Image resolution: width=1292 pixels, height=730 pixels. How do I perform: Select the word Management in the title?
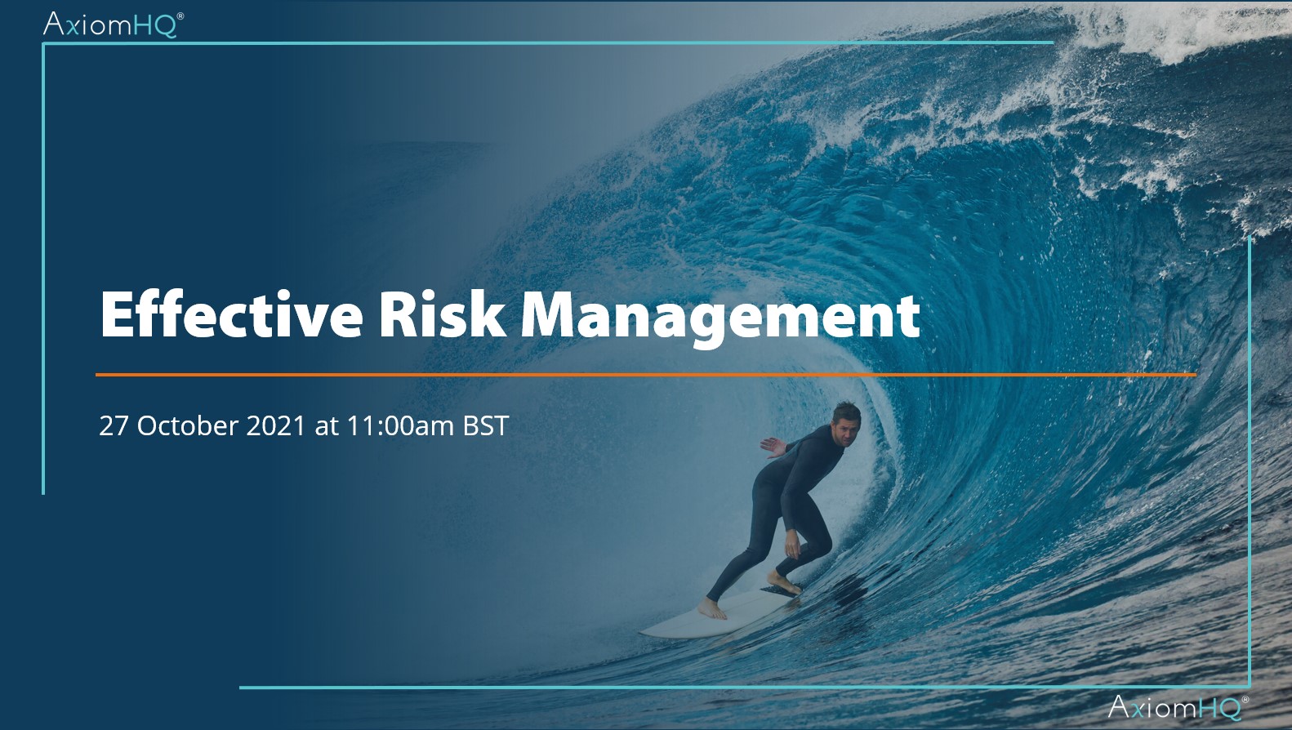720,319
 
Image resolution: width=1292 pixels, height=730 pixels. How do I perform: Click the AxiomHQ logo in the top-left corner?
114,24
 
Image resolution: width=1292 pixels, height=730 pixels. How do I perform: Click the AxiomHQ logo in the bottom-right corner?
1178,707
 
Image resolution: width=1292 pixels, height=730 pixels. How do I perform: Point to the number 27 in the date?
114,426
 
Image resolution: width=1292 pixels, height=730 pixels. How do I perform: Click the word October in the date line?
188,425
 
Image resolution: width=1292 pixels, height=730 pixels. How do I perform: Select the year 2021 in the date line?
276,426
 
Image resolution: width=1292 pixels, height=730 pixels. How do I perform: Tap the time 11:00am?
400,426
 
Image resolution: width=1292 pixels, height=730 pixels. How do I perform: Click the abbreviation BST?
486,426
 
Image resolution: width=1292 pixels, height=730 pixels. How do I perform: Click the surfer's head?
845,424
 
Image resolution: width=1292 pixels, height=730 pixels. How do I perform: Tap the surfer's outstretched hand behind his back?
773,447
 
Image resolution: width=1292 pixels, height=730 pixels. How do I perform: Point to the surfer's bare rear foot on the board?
712,609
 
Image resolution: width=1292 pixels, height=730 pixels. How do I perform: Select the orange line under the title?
645,375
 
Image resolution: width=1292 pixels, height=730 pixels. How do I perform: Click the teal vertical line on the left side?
43,269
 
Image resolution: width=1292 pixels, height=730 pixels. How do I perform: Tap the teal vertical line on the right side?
1250,461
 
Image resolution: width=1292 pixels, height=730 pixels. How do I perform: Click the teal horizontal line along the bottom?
745,688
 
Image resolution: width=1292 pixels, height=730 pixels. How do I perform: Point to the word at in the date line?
326,427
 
